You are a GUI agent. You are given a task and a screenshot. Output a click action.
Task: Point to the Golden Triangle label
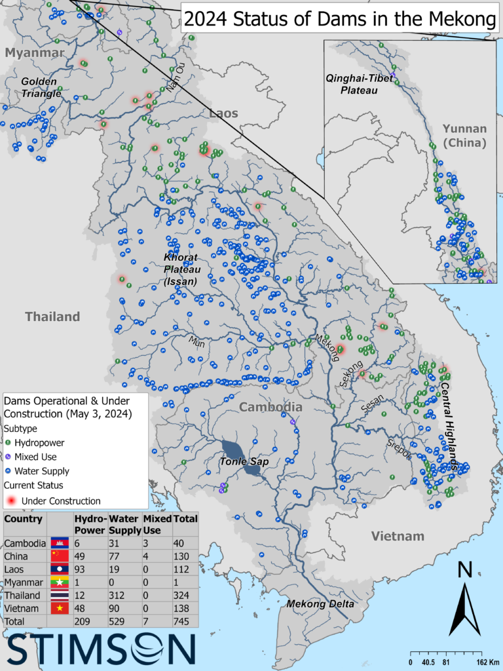coord(41,88)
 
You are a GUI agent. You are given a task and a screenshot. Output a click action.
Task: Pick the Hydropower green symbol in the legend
coord(9,442)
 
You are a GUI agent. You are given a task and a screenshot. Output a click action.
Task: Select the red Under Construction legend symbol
coord(10,501)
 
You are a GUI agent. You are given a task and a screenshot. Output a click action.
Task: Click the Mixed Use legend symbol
coord(9,457)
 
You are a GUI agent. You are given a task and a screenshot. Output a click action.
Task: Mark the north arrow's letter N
coord(466,570)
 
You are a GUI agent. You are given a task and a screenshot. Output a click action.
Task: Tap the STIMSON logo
coord(102,649)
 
